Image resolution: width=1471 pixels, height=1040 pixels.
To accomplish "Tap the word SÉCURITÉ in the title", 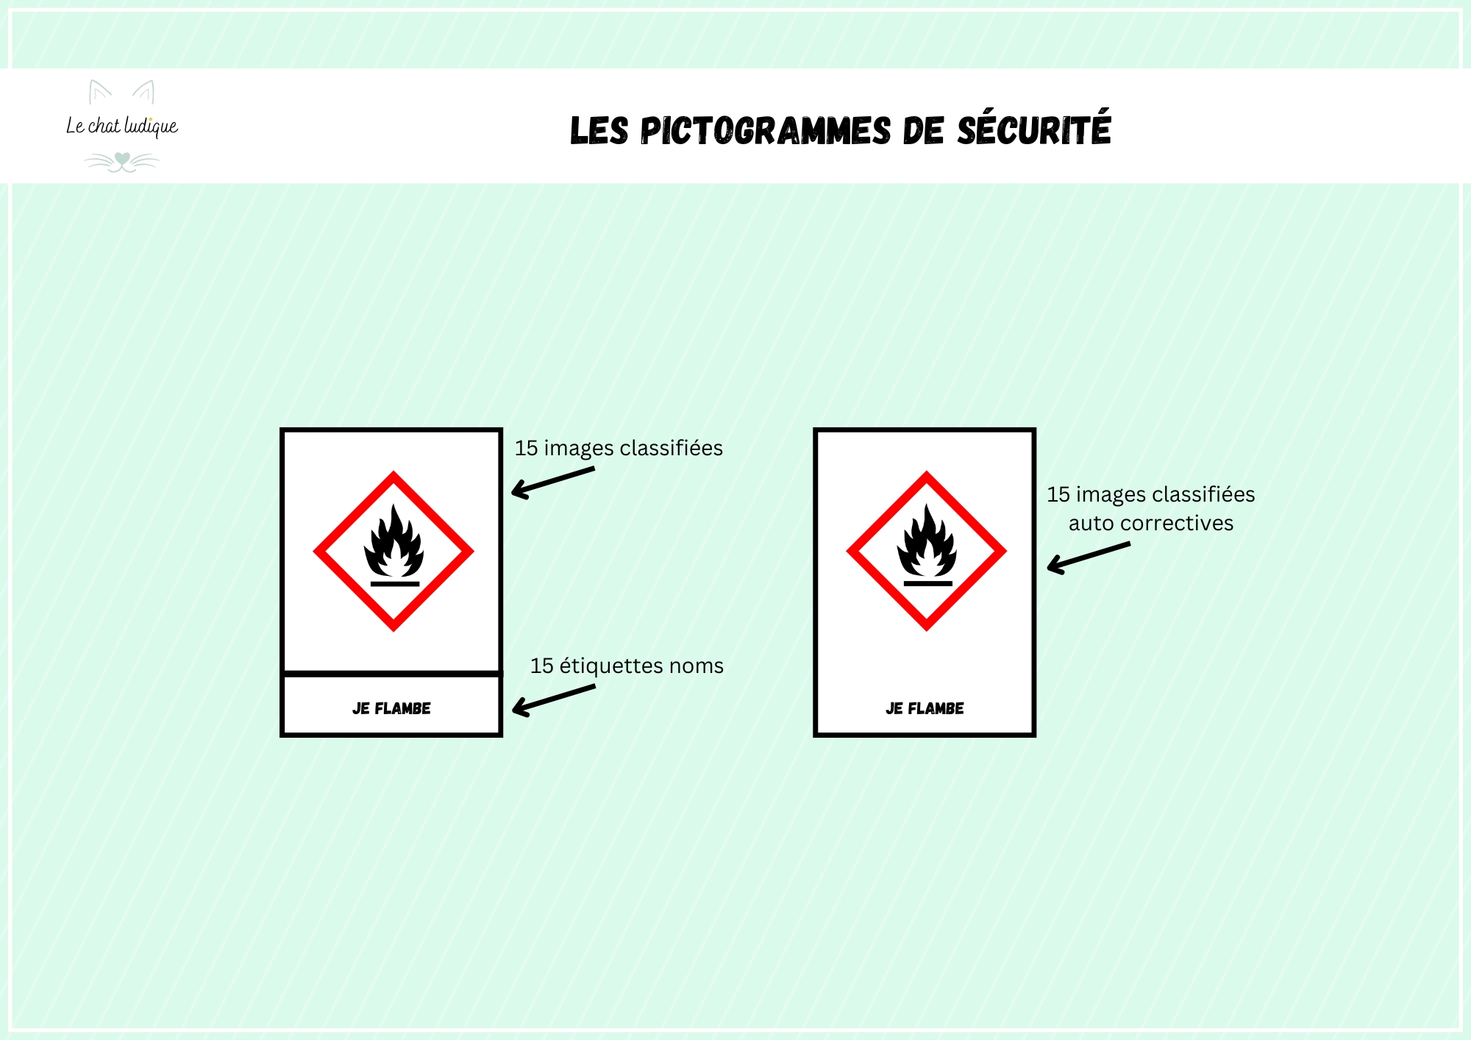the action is [1033, 128].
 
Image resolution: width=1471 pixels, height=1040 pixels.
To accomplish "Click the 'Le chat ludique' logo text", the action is [122, 127].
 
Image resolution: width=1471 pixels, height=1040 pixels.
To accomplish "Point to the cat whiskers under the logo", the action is [122, 162].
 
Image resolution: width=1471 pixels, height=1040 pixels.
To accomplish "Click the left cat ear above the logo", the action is [99, 92].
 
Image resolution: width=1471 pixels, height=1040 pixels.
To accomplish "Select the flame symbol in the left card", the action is [394, 541].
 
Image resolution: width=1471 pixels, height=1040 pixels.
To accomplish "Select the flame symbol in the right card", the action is [927, 541].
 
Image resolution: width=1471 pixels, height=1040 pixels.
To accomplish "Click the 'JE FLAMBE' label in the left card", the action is [391, 708].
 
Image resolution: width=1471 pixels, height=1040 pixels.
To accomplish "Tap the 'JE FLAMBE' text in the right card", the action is [925, 708].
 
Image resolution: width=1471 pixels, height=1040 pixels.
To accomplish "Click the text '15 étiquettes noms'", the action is [627, 666].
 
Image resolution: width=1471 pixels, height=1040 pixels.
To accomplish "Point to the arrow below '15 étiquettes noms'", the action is [553, 700].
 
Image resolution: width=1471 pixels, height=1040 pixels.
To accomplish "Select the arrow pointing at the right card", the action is [1089, 558].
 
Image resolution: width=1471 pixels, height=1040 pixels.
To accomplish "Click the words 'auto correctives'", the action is [1151, 523].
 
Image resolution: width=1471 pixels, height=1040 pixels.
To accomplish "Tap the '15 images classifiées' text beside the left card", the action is [619, 448].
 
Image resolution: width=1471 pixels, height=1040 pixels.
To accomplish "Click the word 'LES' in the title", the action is [599, 131].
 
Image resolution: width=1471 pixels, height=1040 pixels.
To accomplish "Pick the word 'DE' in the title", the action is [923, 131].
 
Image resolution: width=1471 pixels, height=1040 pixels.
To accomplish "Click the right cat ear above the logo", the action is [144, 92].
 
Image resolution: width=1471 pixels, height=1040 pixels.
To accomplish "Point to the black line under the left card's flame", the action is [395, 584].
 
